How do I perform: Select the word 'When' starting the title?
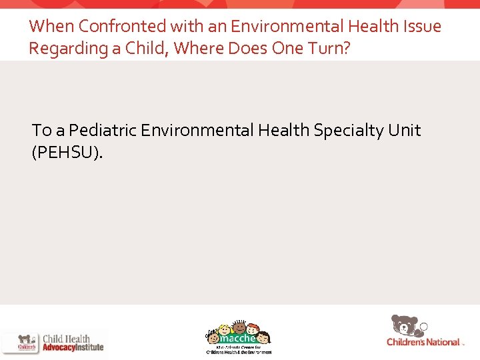pyautogui.click(x=51, y=27)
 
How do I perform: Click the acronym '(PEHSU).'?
pyautogui.click(x=68, y=153)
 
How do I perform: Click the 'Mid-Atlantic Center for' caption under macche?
pyautogui.click(x=238, y=347)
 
